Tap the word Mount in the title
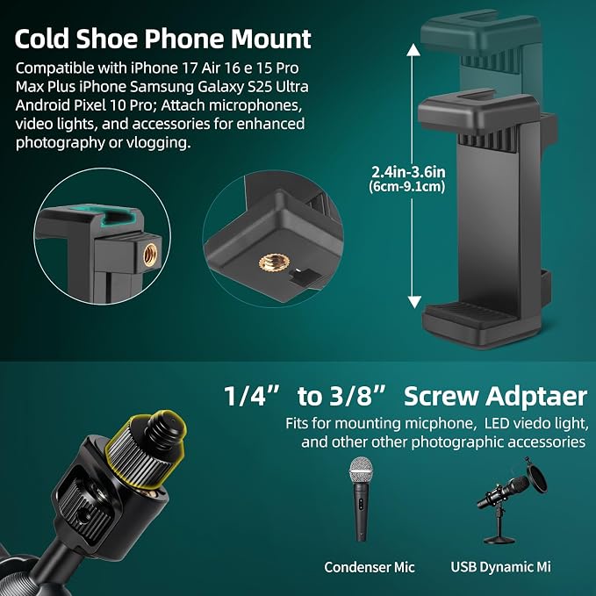(271, 39)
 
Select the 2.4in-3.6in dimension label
(408, 172)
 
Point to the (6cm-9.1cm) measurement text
(406, 187)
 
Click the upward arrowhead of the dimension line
(413, 50)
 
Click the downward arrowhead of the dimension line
(414, 302)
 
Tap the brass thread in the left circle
(150, 255)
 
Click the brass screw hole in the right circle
(275, 262)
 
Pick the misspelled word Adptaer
(536, 397)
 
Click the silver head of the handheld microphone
(361, 470)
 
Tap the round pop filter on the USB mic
(537, 478)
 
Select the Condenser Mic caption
(369, 567)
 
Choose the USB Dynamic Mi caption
(500, 567)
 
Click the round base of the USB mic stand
(499, 539)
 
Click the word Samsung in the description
(162, 87)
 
